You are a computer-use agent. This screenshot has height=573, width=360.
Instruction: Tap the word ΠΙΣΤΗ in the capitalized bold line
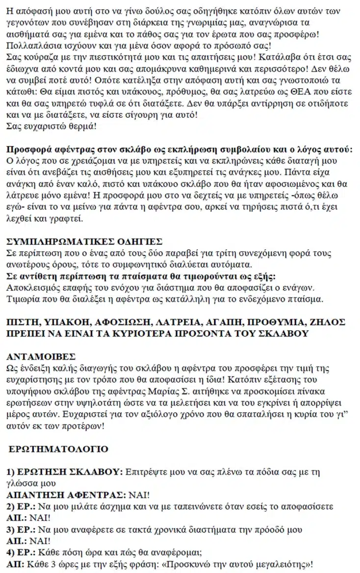click(24, 322)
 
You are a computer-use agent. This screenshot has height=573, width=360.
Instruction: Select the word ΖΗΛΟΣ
click(328, 322)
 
